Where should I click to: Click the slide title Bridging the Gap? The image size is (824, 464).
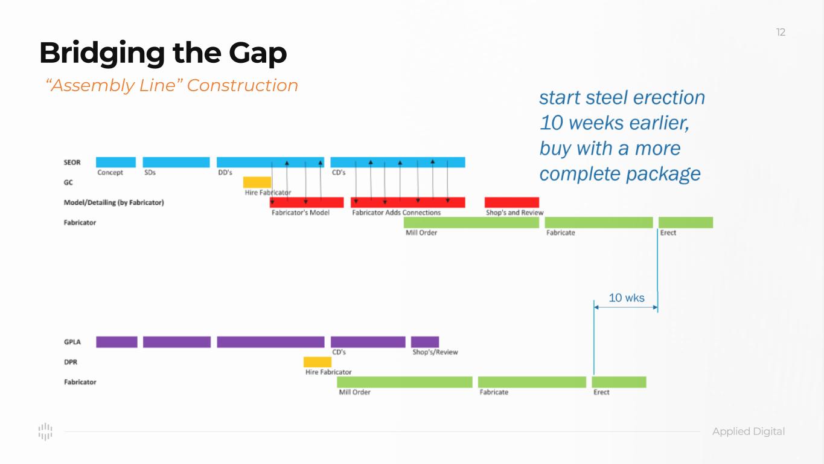click(163, 54)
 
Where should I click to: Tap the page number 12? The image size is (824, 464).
click(781, 33)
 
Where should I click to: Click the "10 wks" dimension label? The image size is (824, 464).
click(626, 298)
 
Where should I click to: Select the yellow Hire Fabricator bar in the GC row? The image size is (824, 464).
click(257, 182)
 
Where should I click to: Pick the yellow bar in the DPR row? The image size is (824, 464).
click(318, 362)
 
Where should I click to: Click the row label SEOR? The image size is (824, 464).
click(72, 163)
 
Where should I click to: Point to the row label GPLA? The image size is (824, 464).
click(72, 342)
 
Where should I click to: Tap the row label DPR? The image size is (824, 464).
click(71, 362)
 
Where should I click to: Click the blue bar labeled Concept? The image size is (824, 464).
click(116, 162)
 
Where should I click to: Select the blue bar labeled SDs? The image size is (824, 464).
click(176, 162)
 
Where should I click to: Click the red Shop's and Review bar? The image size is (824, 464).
click(511, 202)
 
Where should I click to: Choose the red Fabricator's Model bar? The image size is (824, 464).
click(307, 202)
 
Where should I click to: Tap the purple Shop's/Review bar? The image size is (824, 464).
click(425, 342)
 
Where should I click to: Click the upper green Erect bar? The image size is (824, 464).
click(685, 222)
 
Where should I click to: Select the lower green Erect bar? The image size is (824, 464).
click(619, 382)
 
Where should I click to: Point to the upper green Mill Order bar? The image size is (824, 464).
click(471, 222)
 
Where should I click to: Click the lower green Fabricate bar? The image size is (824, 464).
click(532, 382)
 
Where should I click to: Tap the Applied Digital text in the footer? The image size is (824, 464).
click(749, 431)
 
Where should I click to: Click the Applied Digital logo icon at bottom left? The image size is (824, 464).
click(45, 431)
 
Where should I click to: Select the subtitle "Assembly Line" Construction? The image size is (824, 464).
click(172, 86)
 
